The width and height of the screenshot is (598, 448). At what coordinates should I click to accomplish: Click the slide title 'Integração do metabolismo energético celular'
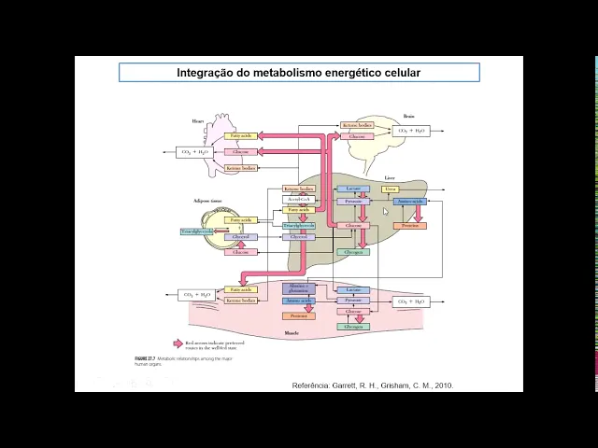(x=299, y=72)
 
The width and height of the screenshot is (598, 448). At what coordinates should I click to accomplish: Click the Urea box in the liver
(x=390, y=189)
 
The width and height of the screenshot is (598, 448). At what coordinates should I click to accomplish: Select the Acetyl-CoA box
(x=298, y=200)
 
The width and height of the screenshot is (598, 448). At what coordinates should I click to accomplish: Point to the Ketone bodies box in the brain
(x=357, y=125)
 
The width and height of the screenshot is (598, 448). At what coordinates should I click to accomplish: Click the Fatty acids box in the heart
(x=241, y=136)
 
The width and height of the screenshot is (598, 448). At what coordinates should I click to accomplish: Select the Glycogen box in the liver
(x=354, y=252)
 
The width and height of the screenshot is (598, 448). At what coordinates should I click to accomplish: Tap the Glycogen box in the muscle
(x=354, y=327)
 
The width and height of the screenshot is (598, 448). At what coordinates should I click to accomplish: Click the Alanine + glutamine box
(x=298, y=288)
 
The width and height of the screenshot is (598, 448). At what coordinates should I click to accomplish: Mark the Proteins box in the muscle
(x=298, y=315)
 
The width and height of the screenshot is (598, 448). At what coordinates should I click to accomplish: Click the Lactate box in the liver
(x=353, y=189)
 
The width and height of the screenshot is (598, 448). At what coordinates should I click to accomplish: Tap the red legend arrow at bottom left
(x=178, y=343)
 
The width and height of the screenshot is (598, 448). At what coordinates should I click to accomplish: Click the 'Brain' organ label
(x=409, y=117)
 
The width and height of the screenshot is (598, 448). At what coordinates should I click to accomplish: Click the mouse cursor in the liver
(x=385, y=211)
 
